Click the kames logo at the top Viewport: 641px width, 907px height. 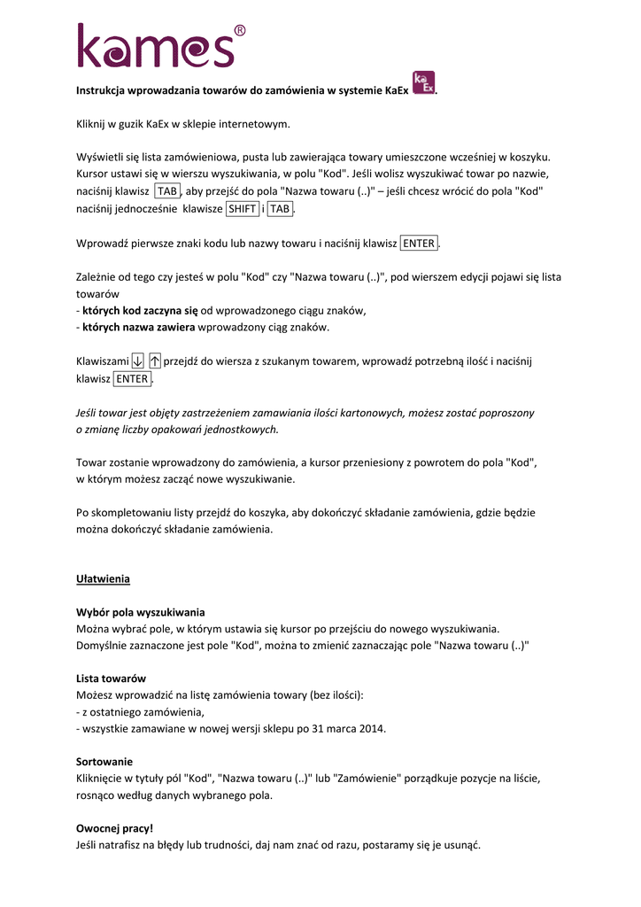(x=155, y=46)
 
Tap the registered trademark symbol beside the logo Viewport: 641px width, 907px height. (x=239, y=32)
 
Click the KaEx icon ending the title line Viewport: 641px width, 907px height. (x=424, y=83)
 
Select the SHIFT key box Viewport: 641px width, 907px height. (x=243, y=209)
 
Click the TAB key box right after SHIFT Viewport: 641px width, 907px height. (x=281, y=209)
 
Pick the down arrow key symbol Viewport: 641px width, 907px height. (x=137, y=360)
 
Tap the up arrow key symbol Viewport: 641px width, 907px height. (x=155, y=360)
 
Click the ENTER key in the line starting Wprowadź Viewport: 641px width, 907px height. (x=419, y=244)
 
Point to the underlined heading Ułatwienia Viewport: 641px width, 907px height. (x=103, y=579)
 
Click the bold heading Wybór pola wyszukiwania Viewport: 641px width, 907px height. (x=141, y=612)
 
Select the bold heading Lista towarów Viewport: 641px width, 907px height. (x=111, y=678)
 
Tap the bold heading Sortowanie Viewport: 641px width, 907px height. (x=104, y=762)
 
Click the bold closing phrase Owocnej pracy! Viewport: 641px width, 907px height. (x=114, y=828)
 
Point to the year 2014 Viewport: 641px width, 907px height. (x=373, y=729)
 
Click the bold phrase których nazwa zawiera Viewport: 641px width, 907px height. (x=138, y=328)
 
